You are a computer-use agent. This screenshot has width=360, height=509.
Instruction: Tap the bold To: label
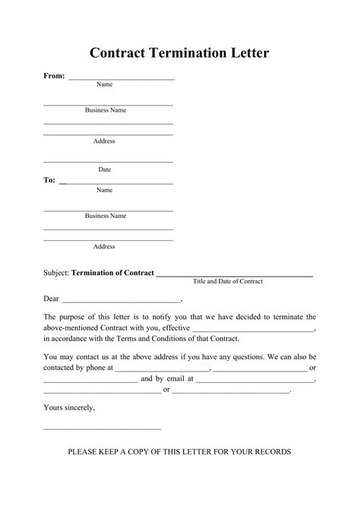tap(49, 181)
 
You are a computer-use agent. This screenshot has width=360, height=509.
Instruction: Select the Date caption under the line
tap(105, 169)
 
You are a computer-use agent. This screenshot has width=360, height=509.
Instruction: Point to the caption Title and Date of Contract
tap(228, 282)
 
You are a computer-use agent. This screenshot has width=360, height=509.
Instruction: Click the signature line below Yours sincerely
tap(103, 429)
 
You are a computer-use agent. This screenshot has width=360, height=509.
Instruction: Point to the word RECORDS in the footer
tap(268, 451)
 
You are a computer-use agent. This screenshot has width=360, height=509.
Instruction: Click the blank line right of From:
tap(122, 78)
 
